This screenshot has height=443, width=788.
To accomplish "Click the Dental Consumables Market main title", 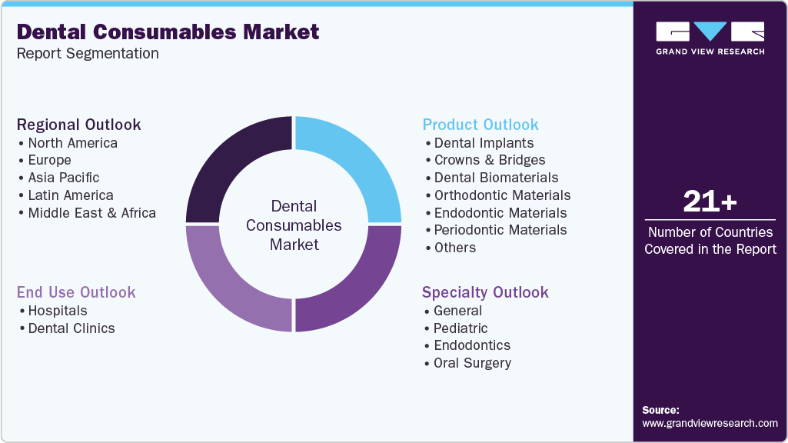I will click(x=168, y=32).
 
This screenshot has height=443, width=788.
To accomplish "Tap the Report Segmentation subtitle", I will click(x=88, y=54).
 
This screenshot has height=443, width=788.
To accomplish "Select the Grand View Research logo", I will click(x=710, y=38).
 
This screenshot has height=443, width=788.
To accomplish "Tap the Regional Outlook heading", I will click(x=79, y=125).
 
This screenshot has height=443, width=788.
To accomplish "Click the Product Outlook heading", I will click(x=480, y=125).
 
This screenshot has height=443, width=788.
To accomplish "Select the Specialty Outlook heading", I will click(x=485, y=292).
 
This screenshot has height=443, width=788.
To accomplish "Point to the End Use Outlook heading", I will click(x=76, y=292).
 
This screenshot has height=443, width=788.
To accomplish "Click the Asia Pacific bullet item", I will click(x=63, y=178).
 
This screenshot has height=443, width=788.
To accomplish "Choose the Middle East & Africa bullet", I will click(x=91, y=213).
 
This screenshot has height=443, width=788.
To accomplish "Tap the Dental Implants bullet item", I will click(x=484, y=143).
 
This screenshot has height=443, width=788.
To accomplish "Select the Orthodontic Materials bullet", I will click(x=502, y=195).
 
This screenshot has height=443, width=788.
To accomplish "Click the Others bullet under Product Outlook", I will click(x=454, y=248).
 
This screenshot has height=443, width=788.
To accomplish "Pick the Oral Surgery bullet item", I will click(x=472, y=363).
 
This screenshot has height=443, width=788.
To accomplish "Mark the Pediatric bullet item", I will click(x=460, y=328).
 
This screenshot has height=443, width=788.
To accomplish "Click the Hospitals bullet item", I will click(x=58, y=311).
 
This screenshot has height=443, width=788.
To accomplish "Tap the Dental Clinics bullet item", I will click(x=71, y=328).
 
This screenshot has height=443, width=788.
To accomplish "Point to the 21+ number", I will click(x=710, y=202).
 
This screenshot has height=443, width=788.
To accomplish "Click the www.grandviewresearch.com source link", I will click(x=710, y=423).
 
